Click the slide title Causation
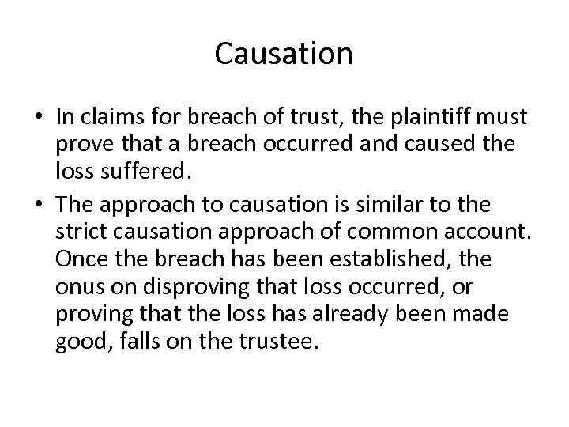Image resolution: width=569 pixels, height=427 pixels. point(284,54)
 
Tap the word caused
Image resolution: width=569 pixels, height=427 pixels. point(432,142)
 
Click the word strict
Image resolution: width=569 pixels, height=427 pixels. point(79,231)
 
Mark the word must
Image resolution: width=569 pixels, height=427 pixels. point(506,117)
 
